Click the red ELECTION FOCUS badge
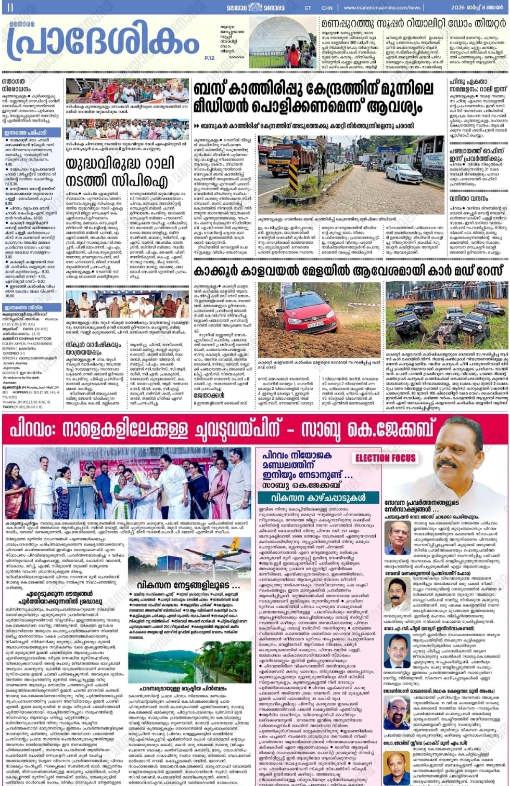click(386, 458)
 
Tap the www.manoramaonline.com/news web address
click(382, 8)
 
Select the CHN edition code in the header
click(327, 8)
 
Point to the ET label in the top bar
click(308, 8)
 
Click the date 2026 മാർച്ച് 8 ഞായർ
click(477, 8)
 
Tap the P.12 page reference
click(209, 58)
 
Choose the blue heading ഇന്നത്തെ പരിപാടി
click(26, 133)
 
